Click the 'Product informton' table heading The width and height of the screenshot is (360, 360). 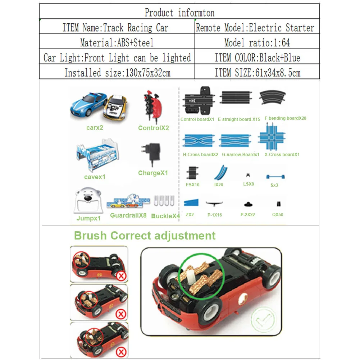[179, 13]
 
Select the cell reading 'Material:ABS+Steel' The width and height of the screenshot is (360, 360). [117, 43]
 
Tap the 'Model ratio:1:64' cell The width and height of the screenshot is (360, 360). [257, 43]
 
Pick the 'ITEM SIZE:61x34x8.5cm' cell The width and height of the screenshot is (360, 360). [257, 73]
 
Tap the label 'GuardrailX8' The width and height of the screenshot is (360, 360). [128, 216]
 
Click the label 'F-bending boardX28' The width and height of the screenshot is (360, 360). [285, 118]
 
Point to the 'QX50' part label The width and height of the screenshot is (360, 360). [278, 215]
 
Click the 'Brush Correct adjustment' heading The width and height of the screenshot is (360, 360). [145, 236]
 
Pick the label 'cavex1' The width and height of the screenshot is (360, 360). [95, 177]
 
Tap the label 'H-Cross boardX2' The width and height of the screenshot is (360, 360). [200, 155]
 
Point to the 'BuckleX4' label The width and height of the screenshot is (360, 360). [165, 216]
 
